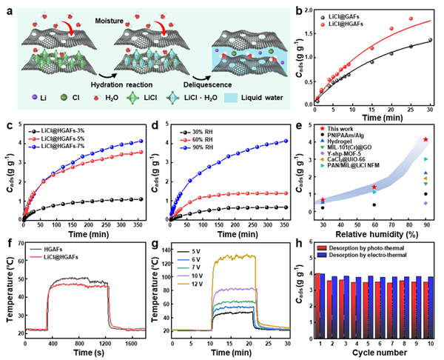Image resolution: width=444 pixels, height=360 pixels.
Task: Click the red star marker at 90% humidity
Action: [x=425, y=139]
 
